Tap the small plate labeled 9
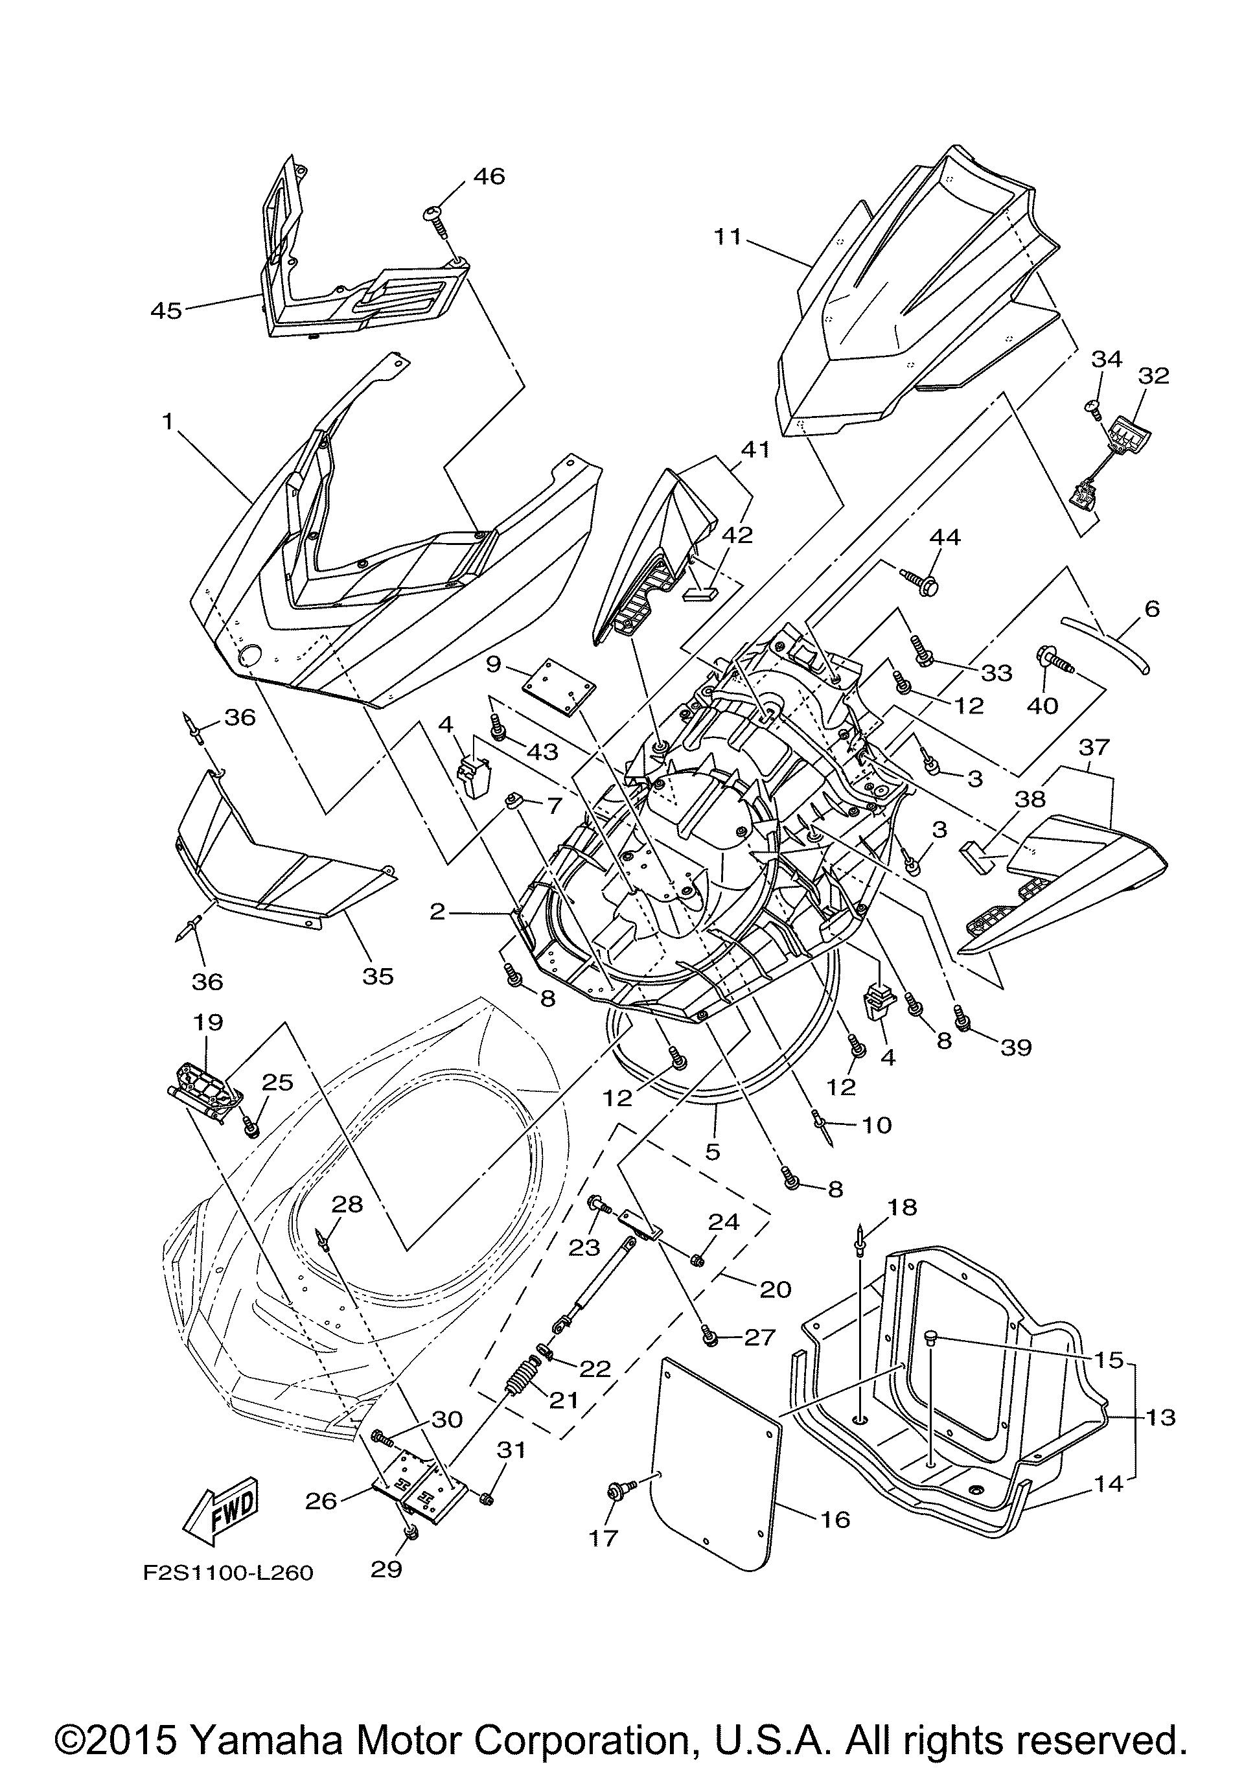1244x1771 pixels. click(x=560, y=686)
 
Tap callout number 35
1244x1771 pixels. click(x=377, y=977)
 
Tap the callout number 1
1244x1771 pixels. click(x=167, y=421)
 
